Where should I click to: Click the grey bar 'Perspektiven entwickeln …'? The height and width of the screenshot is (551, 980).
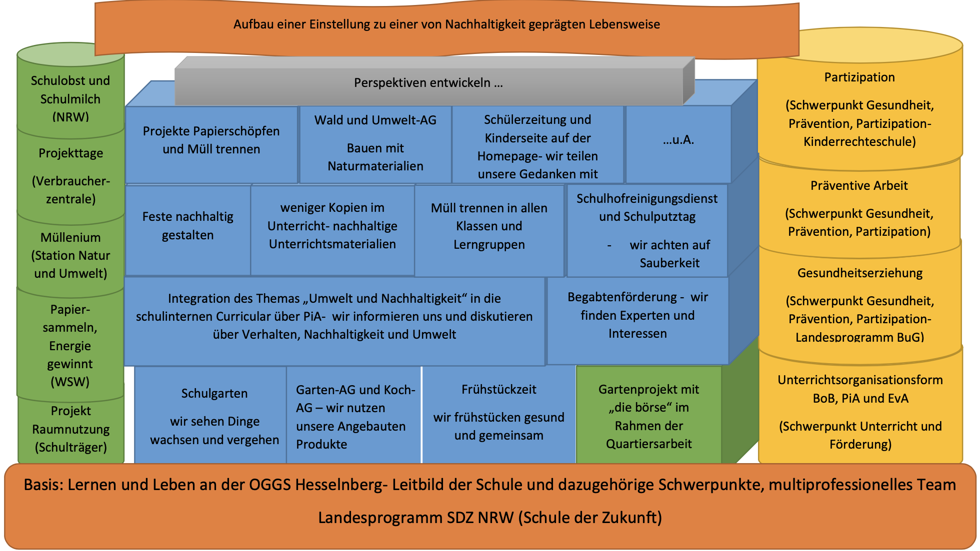pos(428,83)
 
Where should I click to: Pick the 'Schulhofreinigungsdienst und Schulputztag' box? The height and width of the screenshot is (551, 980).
pos(647,230)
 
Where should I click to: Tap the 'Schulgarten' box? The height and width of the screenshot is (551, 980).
pos(214,417)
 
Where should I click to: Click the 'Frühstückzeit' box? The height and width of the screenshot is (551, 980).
pos(498,413)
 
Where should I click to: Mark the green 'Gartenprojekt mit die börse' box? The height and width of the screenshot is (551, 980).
pos(648,417)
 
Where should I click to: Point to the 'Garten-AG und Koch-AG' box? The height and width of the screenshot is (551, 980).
pos(353,417)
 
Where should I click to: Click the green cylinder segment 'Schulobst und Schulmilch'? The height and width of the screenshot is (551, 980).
pos(70,99)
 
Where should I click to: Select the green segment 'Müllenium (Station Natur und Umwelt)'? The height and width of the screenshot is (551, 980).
pos(70,255)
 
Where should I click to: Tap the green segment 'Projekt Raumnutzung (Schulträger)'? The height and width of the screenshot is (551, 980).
pos(70,429)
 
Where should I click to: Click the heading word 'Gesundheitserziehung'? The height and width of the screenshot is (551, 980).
pos(860,273)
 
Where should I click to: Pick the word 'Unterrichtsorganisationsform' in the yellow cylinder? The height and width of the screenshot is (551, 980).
pos(860,380)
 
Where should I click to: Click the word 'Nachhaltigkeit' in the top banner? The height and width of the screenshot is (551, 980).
pos(480,24)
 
